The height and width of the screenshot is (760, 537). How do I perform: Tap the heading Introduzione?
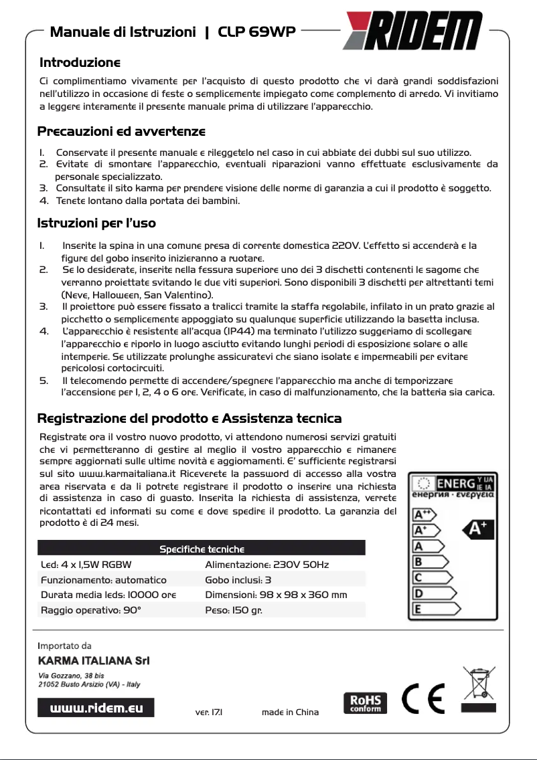(80, 63)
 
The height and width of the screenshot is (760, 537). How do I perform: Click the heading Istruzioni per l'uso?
(96, 222)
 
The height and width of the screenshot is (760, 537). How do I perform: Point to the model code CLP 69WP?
(257, 31)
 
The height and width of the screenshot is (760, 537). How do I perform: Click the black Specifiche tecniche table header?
(201, 549)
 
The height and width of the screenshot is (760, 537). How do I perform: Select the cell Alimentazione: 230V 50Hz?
(266, 565)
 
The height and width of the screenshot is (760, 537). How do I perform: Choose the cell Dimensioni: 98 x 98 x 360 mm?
(276, 595)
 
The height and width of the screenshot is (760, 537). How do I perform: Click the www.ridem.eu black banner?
(96, 707)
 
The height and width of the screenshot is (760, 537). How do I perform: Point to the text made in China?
(290, 712)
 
